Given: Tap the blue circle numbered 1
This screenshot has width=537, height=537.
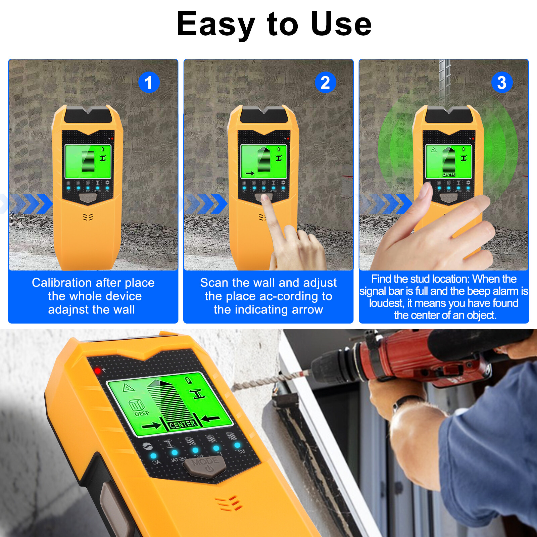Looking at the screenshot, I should [x=149, y=82].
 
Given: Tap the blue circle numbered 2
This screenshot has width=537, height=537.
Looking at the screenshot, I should [x=325, y=82].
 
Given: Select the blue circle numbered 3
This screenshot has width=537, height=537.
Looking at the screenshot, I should [x=501, y=82].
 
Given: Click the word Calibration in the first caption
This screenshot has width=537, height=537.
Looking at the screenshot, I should [x=60, y=283].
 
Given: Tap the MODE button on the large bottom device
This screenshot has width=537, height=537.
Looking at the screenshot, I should [x=205, y=465].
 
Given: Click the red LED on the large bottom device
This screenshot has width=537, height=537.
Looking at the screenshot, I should [x=98, y=371].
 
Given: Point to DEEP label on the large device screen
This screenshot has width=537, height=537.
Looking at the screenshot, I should [x=141, y=413].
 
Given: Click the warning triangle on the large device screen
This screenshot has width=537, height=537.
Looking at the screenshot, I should [x=129, y=388].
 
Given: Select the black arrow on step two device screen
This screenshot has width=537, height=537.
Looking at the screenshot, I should [x=250, y=174].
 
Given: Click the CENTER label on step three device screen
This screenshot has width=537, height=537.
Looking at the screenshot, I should [x=449, y=175].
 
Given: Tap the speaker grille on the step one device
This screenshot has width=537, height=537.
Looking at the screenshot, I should [x=88, y=217].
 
